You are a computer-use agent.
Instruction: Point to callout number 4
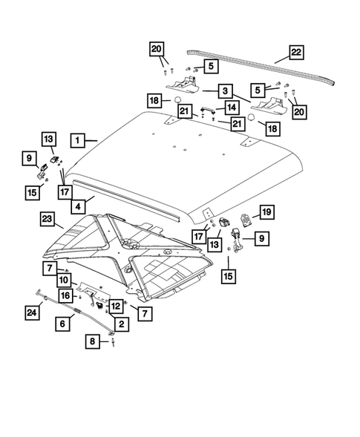point(77,201)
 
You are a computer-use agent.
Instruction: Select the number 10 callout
point(65,280)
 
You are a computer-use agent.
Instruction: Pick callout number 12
point(115,305)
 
